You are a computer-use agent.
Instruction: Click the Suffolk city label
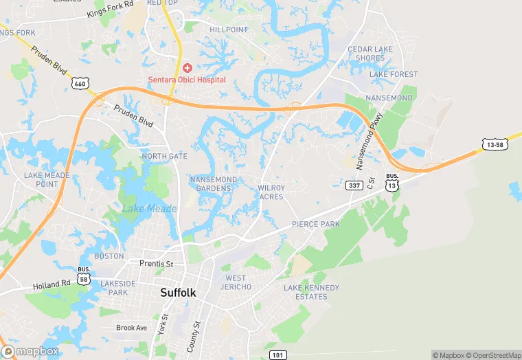(x=178, y=292)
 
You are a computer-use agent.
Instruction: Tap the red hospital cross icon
(x=188, y=68)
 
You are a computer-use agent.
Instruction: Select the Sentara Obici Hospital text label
(x=188, y=80)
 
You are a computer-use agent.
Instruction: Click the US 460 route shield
(x=79, y=83)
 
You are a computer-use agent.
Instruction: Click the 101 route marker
(x=276, y=355)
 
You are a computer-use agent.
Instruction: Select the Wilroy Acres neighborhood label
(x=271, y=192)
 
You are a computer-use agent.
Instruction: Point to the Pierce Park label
(x=316, y=225)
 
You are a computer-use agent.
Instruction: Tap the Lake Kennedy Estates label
(x=311, y=292)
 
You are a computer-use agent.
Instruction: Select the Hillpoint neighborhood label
(x=228, y=30)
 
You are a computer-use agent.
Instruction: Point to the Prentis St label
(x=157, y=263)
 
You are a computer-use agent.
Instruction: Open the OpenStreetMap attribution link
(x=494, y=355)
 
